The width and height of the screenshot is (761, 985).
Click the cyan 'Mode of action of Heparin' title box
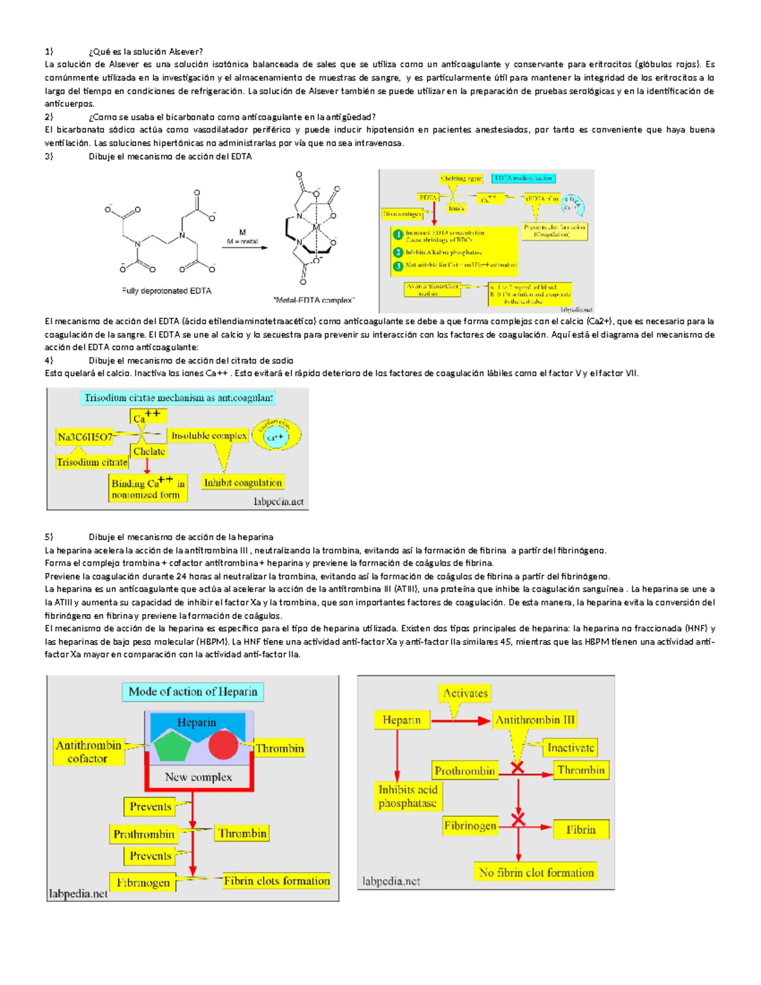coord(193,691)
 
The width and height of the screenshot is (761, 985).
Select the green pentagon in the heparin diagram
coord(172,746)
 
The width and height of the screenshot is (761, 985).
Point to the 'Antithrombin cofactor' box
coord(88,752)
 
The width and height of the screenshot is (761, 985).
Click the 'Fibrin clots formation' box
coord(276,880)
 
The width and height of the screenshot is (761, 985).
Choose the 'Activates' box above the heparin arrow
coord(465,693)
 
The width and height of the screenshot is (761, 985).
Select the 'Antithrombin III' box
coord(535,720)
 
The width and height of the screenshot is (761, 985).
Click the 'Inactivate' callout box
coord(570,748)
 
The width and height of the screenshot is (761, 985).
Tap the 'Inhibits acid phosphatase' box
coord(408,797)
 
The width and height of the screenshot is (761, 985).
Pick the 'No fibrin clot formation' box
coord(537,873)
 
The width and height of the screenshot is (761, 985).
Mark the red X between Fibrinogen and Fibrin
coord(518,821)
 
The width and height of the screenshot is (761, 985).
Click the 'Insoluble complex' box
coord(209,436)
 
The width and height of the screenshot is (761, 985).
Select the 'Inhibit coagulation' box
coord(242,483)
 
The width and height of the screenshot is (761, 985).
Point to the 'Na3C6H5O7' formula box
coord(85,437)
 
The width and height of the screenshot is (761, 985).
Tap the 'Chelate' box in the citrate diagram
coord(149,452)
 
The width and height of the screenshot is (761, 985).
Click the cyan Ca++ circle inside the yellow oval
coord(275,437)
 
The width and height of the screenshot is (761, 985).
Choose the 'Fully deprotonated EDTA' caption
coord(167,291)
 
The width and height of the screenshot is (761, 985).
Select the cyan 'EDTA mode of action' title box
coord(523,178)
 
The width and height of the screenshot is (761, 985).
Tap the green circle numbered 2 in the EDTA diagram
coord(398,252)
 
